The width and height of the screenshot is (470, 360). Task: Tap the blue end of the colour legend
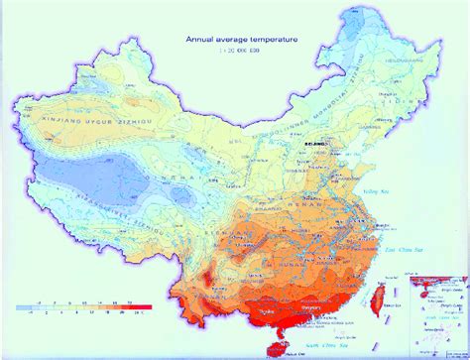point(22,293)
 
